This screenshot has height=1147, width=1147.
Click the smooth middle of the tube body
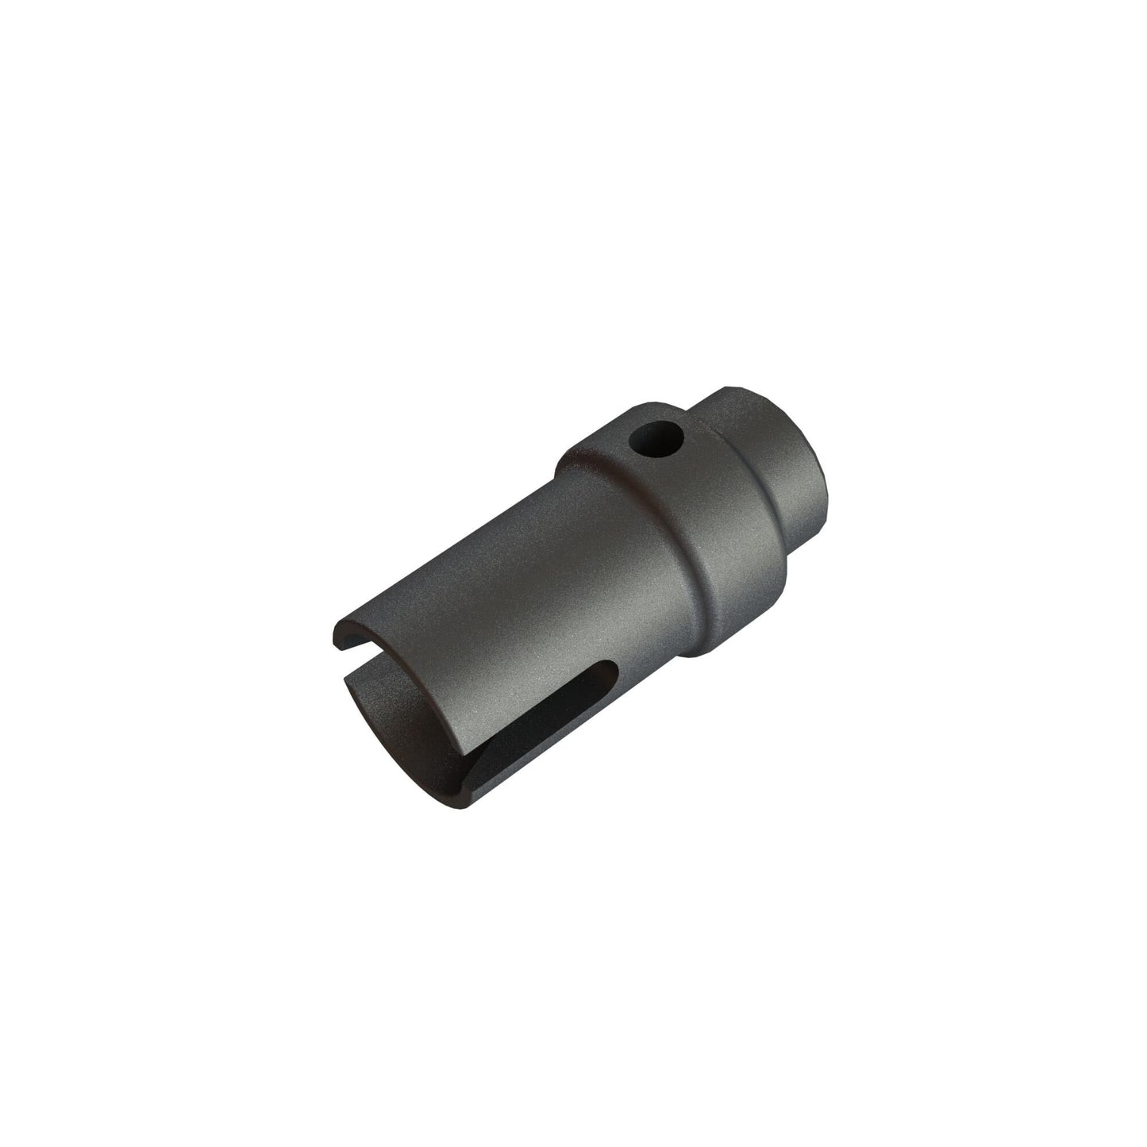pyautogui.click(x=508, y=603)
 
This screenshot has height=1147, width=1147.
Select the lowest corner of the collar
pyautogui.click(x=699, y=657)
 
